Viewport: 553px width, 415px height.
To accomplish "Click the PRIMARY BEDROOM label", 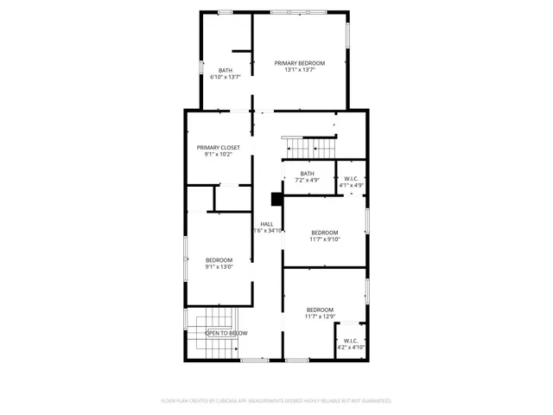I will [300, 63].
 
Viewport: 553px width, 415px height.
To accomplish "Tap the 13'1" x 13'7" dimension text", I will [300, 70].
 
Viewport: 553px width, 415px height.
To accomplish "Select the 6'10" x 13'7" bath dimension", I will [225, 78].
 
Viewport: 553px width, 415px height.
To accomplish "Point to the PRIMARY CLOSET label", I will [218, 148].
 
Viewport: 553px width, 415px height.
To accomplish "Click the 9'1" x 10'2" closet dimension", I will [218, 155].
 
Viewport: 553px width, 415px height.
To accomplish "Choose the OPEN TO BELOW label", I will [226, 333].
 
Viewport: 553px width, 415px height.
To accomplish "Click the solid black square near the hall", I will [276, 199].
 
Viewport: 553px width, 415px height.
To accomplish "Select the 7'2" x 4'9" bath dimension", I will [308, 181].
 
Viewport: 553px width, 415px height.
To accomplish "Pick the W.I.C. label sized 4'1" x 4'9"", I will [350, 179].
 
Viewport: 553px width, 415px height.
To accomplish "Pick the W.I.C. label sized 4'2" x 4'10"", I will [351, 341].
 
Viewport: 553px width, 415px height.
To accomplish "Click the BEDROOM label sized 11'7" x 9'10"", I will [325, 232].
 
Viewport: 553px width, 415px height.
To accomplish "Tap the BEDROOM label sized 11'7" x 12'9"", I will [320, 310].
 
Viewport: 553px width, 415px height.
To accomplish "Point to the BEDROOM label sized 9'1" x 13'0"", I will [219, 260].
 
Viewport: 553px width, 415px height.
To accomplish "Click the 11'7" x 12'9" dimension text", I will [320, 316].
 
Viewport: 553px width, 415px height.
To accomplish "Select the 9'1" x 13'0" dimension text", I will [219, 267].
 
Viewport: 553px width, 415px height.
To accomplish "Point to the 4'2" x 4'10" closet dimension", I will [351, 348].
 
